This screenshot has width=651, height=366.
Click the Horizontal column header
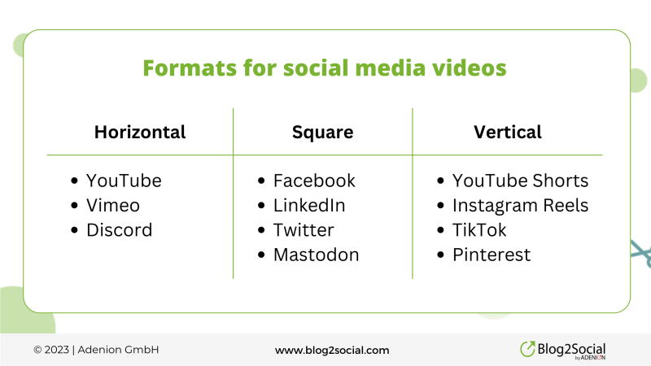(x=140, y=133)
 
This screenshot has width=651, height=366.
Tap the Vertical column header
(x=507, y=133)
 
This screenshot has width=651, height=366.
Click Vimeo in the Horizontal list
(x=113, y=206)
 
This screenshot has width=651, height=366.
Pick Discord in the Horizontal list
(x=120, y=230)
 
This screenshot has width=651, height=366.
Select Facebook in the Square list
(x=314, y=181)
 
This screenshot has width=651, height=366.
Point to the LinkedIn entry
(x=309, y=206)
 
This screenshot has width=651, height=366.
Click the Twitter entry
(x=304, y=230)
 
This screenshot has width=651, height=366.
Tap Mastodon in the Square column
(x=317, y=255)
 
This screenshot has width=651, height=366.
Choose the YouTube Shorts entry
(x=521, y=181)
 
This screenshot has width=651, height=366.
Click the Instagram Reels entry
(x=521, y=206)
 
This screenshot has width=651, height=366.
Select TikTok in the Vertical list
(x=479, y=230)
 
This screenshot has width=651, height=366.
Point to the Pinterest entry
(x=492, y=255)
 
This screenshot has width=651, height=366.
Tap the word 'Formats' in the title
(x=190, y=68)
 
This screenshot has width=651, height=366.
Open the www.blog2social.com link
(x=332, y=351)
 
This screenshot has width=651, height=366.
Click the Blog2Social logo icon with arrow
(x=527, y=349)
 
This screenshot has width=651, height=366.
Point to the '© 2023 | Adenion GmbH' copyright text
(x=96, y=350)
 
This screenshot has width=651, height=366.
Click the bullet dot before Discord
(x=74, y=230)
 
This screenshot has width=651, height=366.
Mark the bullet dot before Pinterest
(x=440, y=255)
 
